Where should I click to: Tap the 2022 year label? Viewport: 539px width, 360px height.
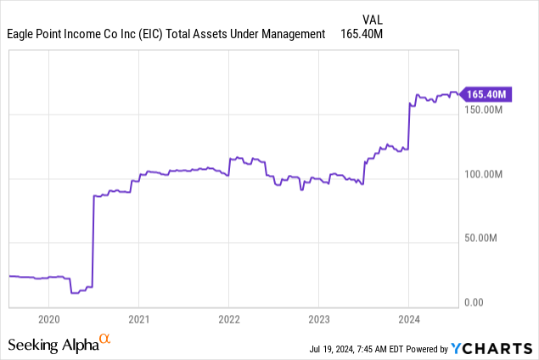(x=228, y=320)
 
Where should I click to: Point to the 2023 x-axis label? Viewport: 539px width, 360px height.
(x=318, y=320)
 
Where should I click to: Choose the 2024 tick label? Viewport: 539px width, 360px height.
(x=408, y=320)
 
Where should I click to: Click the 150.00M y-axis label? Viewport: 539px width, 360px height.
(x=485, y=110)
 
